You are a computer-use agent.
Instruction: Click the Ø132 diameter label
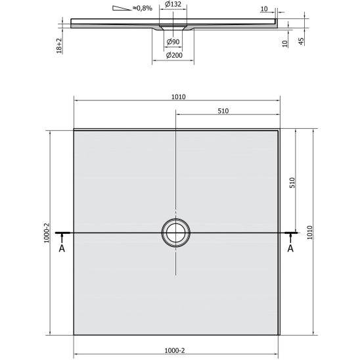pyautogui.click(x=173, y=4)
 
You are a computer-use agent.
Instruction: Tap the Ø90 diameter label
pyautogui.click(x=173, y=41)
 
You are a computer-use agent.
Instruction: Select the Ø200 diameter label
pyautogui.click(x=174, y=55)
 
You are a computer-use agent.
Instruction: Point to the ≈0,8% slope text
pyautogui.click(x=143, y=9)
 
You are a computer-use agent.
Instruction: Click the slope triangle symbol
pyautogui.click(x=122, y=8)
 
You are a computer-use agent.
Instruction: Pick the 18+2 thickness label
pyautogui.click(x=59, y=46)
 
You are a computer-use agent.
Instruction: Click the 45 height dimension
pyautogui.click(x=301, y=41)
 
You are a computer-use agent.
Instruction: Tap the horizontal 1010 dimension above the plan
pyautogui.click(x=179, y=97)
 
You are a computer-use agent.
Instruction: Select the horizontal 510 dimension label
pyautogui.click(x=223, y=111)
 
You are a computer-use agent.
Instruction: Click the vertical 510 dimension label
pyautogui.click(x=292, y=183)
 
